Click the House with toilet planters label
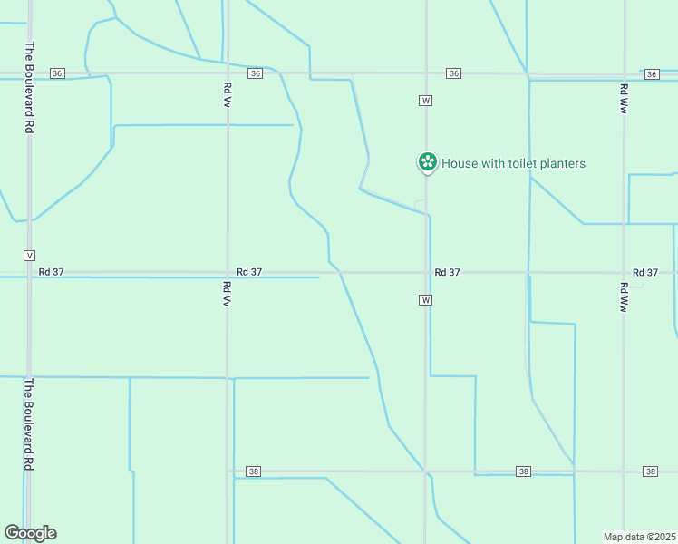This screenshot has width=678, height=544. pyautogui.click(x=513, y=164)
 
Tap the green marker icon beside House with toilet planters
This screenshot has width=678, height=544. pyautogui.click(x=426, y=163)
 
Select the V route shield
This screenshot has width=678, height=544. pyautogui.click(x=30, y=255)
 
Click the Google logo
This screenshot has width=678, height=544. pyautogui.click(x=30, y=533)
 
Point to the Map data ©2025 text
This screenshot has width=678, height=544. pyautogui.click(x=639, y=537)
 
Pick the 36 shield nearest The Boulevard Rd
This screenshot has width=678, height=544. pyautogui.click(x=58, y=73)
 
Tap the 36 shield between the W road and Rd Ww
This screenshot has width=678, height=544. pyautogui.click(x=453, y=73)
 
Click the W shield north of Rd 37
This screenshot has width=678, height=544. pyautogui.click(x=425, y=100)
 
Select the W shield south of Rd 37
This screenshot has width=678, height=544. pyautogui.click(x=424, y=299)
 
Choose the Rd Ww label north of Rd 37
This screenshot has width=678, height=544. pyautogui.click(x=624, y=98)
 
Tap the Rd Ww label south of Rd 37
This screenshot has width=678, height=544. pyautogui.click(x=624, y=297)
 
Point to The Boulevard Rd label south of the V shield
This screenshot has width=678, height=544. pyautogui.click(x=30, y=423)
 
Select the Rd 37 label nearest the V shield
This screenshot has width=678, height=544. pyautogui.click(x=52, y=272)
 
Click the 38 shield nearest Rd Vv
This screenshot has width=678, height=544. pyautogui.click(x=254, y=471)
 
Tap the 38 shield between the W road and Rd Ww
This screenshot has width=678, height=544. pyautogui.click(x=524, y=471)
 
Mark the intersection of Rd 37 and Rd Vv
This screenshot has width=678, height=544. pyautogui.click(x=227, y=272)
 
